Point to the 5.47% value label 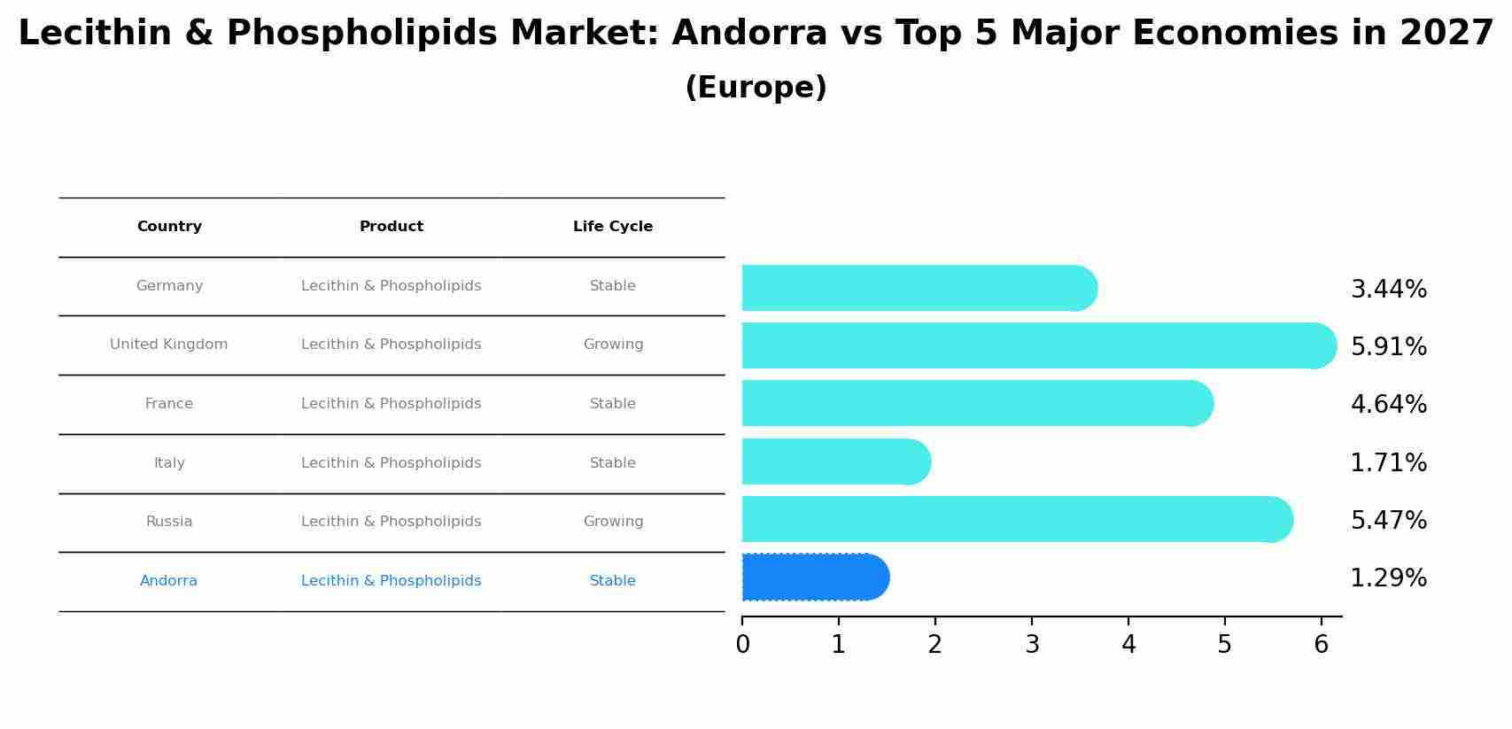pos(1388,521)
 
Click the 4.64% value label pos(1388,405)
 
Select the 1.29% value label pos(1388,578)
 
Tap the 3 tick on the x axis pos(1032,645)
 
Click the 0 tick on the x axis pos(742,645)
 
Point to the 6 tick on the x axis pos(1321,645)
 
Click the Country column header pos(169,227)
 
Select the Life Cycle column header pos(613,227)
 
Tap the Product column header pos(392,227)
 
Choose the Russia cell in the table pos(169,522)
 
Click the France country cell pos(169,404)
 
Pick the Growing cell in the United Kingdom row pos(613,345)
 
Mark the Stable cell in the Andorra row pos(613,581)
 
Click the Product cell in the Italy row pos(392,463)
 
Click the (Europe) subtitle pos(756,88)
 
